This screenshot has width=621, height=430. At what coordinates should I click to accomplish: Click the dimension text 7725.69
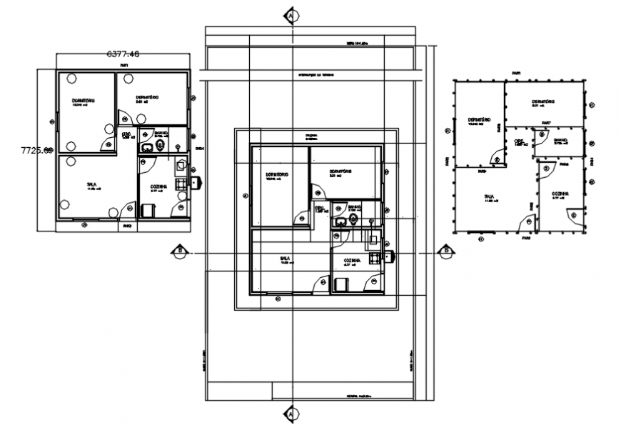click(x=37, y=150)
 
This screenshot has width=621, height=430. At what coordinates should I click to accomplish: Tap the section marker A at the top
click(x=291, y=14)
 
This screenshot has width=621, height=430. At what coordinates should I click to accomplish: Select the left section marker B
click(x=181, y=250)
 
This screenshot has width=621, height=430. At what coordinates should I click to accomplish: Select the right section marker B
click(x=445, y=250)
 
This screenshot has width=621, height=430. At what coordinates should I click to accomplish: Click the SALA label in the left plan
click(x=92, y=184)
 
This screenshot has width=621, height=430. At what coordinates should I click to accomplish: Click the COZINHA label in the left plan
click(x=159, y=186)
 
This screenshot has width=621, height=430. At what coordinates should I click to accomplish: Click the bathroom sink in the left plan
click(x=147, y=148)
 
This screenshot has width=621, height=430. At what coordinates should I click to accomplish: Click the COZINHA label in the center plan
click(x=352, y=261)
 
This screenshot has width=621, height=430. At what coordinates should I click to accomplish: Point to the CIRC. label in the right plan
click(x=520, y=141)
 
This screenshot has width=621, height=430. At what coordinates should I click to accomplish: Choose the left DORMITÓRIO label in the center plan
click(x=277, y=174)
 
